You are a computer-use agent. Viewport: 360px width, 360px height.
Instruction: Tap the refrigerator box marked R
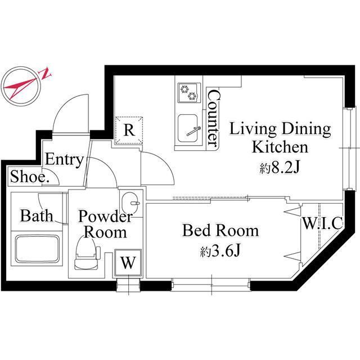click(x=129, y=130)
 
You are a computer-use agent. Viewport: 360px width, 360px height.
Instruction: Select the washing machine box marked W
click(x=128, y=263)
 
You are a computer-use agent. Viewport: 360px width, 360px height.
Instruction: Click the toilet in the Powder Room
click(x=87, y=253)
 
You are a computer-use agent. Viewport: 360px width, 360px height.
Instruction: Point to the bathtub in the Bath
click(x=37, y=248)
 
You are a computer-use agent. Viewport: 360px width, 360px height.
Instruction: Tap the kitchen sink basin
click(x=188, y=129)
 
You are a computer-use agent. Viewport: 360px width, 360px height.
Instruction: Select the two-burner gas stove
click(x=189, y=92)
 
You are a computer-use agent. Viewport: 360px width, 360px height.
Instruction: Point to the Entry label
click(x=64, y=160)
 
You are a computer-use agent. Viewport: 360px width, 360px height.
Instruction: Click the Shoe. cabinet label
click(x=30, y=177)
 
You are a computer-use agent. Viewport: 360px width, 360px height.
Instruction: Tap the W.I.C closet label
click(x=323, y=223)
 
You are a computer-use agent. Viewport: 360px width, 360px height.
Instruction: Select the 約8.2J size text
click(x=280, y=168)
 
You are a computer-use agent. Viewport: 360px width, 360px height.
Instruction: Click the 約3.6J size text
click(x=220, y=250)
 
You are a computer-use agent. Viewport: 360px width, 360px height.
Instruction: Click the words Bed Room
click(x=220, y=230)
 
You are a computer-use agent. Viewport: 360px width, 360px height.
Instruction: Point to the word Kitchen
click(x=280, y=147)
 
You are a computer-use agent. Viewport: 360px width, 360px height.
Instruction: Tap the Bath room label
click(x=37, y=216)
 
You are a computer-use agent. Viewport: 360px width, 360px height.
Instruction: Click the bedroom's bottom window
click(x=211, y=285)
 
